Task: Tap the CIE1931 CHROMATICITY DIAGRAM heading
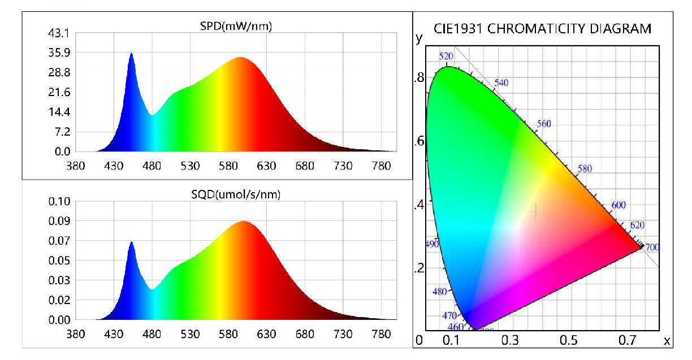tap(542, 29)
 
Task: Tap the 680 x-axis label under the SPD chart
tap(304, 166)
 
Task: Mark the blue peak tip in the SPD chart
tap(131, 54)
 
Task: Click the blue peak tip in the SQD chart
tap(131, 242)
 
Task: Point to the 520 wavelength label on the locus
tap(447, 56)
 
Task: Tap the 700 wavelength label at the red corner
tap(652, 247)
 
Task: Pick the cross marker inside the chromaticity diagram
tap(536, 211)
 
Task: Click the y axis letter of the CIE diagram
tap(419, 38)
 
